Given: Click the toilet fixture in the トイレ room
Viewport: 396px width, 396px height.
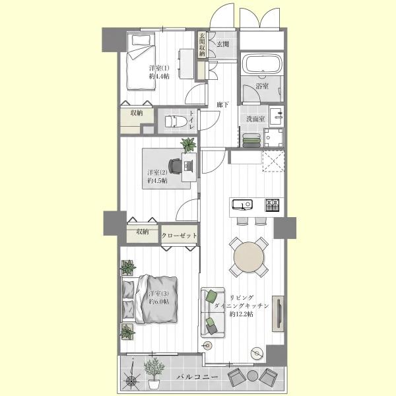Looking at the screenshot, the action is pos(173,121).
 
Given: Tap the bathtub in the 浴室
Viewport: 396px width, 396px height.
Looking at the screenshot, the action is pos(262,63).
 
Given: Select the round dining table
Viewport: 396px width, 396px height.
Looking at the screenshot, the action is pos(249,257).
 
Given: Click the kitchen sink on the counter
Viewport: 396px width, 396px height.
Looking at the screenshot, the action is pos(242,205).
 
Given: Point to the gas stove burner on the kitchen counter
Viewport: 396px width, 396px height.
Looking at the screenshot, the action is pos(272,205).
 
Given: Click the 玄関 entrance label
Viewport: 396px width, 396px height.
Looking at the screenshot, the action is pos(223,44).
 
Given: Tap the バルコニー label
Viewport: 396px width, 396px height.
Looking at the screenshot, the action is pos(197,378).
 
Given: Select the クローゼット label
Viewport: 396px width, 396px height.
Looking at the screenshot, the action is pos(179,236).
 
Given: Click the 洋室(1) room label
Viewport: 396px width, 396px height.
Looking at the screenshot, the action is pos(159,68).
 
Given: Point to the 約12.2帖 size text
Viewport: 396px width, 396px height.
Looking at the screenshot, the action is pos(242,314).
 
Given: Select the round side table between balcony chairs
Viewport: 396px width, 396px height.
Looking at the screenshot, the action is pos(252,376).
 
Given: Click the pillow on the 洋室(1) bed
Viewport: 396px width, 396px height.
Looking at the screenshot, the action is pos(141,40).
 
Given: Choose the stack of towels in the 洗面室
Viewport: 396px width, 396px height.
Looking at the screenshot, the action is pos(251,140).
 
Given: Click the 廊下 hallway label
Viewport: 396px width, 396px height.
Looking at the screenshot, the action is pos(223,104).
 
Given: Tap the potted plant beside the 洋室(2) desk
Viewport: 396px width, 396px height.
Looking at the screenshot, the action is pos(188,145).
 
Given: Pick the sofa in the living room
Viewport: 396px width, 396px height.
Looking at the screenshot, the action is pos(213,312).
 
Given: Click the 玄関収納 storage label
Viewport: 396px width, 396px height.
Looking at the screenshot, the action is pos(202,44).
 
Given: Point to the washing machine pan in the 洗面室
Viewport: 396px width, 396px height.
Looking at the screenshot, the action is pos(273,138).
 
